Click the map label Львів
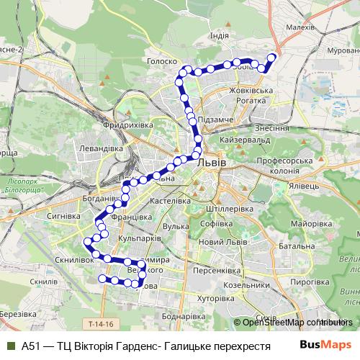click(x=211, y=163)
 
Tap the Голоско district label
click(x=161, y=62)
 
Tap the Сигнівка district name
click(x=63, y=215)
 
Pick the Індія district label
click(x=219, y=36)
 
